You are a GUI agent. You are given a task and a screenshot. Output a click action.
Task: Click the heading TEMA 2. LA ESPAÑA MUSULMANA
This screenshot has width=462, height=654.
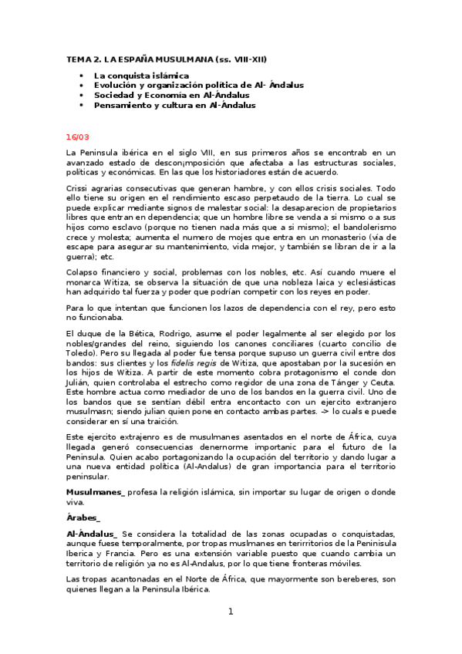tap(170, 59)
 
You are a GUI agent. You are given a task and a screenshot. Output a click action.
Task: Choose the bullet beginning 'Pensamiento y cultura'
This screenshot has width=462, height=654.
tap(174, 105)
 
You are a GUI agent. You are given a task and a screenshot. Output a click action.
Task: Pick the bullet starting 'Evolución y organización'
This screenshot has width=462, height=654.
tap(198, 85)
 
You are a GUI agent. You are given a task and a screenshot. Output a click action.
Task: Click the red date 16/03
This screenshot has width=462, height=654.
tap(78, 137)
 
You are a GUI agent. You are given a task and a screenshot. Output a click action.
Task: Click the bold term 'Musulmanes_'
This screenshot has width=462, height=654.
tap(95, 490)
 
